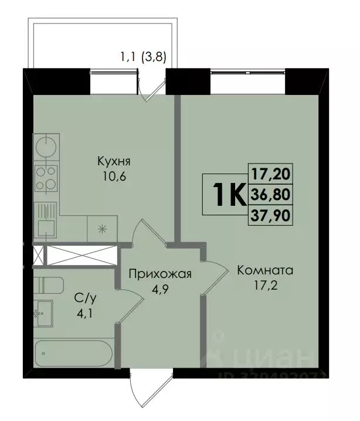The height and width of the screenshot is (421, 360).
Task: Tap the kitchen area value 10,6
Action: [x=114, y=175]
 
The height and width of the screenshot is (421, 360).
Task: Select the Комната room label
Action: [x=265, y=271]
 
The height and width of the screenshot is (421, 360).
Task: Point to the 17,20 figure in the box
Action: [x=271, y=174]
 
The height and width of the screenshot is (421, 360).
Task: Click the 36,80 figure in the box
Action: [x=271, y=194]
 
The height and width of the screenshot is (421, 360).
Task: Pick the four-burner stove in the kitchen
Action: [x=46, y=176]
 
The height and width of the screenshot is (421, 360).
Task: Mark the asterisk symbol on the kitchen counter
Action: [x=102, y=229]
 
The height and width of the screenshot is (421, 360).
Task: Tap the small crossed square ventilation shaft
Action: [x=38, y=255]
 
